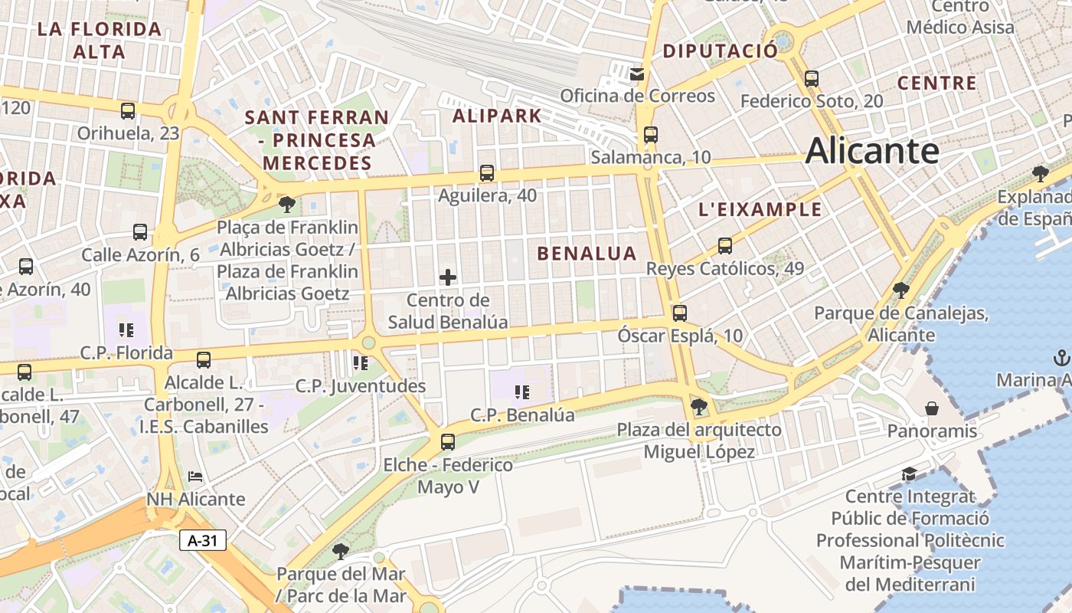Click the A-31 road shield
click(203, 540)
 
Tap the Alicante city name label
click(871, 150)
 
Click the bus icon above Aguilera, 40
click(486, 173)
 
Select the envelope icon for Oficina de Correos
click(637, 74)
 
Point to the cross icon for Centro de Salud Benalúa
click(448, 277)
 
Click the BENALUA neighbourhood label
click(587, 254)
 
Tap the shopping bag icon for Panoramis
click(932, 408)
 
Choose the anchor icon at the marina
click(1061, 357)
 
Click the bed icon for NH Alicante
click(195, 477)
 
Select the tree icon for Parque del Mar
click(340, 551)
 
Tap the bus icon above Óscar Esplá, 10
click(679, 313)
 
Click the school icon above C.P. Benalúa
click(522, 393)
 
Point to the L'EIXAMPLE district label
click(760, 209)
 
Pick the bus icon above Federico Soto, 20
click(812, 78)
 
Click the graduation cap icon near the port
click(909, 474)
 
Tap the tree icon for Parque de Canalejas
click(900, 290)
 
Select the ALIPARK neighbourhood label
click(497, 116)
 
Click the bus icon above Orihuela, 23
click(128, 110)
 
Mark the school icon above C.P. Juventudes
click(360, 362)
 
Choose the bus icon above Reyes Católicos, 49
click(724, 246)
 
